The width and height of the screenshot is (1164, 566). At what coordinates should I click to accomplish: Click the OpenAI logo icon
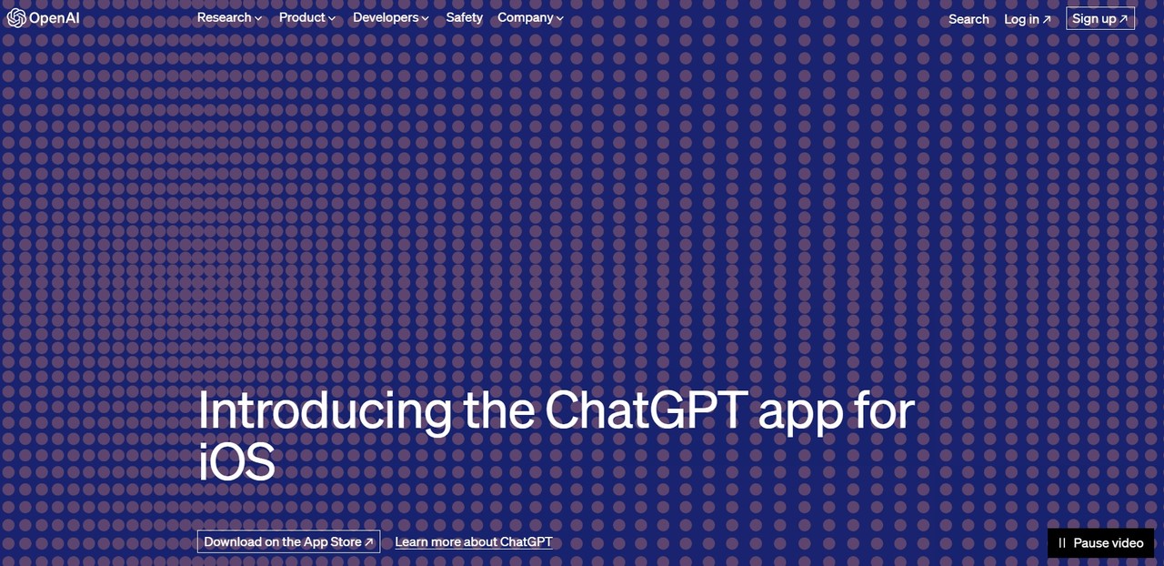click(x=16, y=18)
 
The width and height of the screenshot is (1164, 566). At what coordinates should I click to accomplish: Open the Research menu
click(x=224, y=17)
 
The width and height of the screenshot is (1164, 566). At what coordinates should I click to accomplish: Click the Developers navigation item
click(x=386, y=17)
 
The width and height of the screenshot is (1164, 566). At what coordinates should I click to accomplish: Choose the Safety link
click(x=464, y=17)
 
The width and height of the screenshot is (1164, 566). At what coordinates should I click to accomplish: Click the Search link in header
click(x=968, y=18)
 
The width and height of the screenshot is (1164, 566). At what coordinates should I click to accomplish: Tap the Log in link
click(x=1027, y=18)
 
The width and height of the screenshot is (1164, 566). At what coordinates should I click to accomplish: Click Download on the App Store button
click(x=288, y=541)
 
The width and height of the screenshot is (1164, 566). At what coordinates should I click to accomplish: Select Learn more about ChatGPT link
click(x=473, y=541)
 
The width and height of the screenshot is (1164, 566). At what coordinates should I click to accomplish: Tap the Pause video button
click(x=1100, y=542)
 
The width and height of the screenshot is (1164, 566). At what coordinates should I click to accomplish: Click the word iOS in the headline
click(x=236, y=461)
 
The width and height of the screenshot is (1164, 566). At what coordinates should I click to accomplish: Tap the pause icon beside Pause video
click(x=1061, y=542)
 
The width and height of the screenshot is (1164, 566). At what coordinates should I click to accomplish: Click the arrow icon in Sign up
click(x=1123, y=18)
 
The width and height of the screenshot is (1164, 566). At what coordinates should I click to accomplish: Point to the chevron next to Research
click(x=259, y=18)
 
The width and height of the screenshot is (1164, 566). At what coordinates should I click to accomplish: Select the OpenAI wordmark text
click(x=55, y=18)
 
